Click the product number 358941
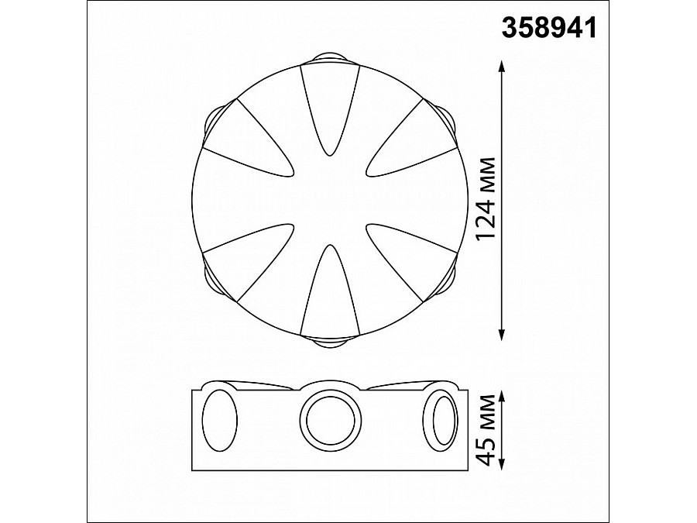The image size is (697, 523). tap(549, 29)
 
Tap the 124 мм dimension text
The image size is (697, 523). tap(485, 199)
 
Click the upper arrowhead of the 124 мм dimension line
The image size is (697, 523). tap(502, 67)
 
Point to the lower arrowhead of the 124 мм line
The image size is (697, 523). tap(502, 335)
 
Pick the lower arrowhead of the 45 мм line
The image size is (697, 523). tap(503, 463)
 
